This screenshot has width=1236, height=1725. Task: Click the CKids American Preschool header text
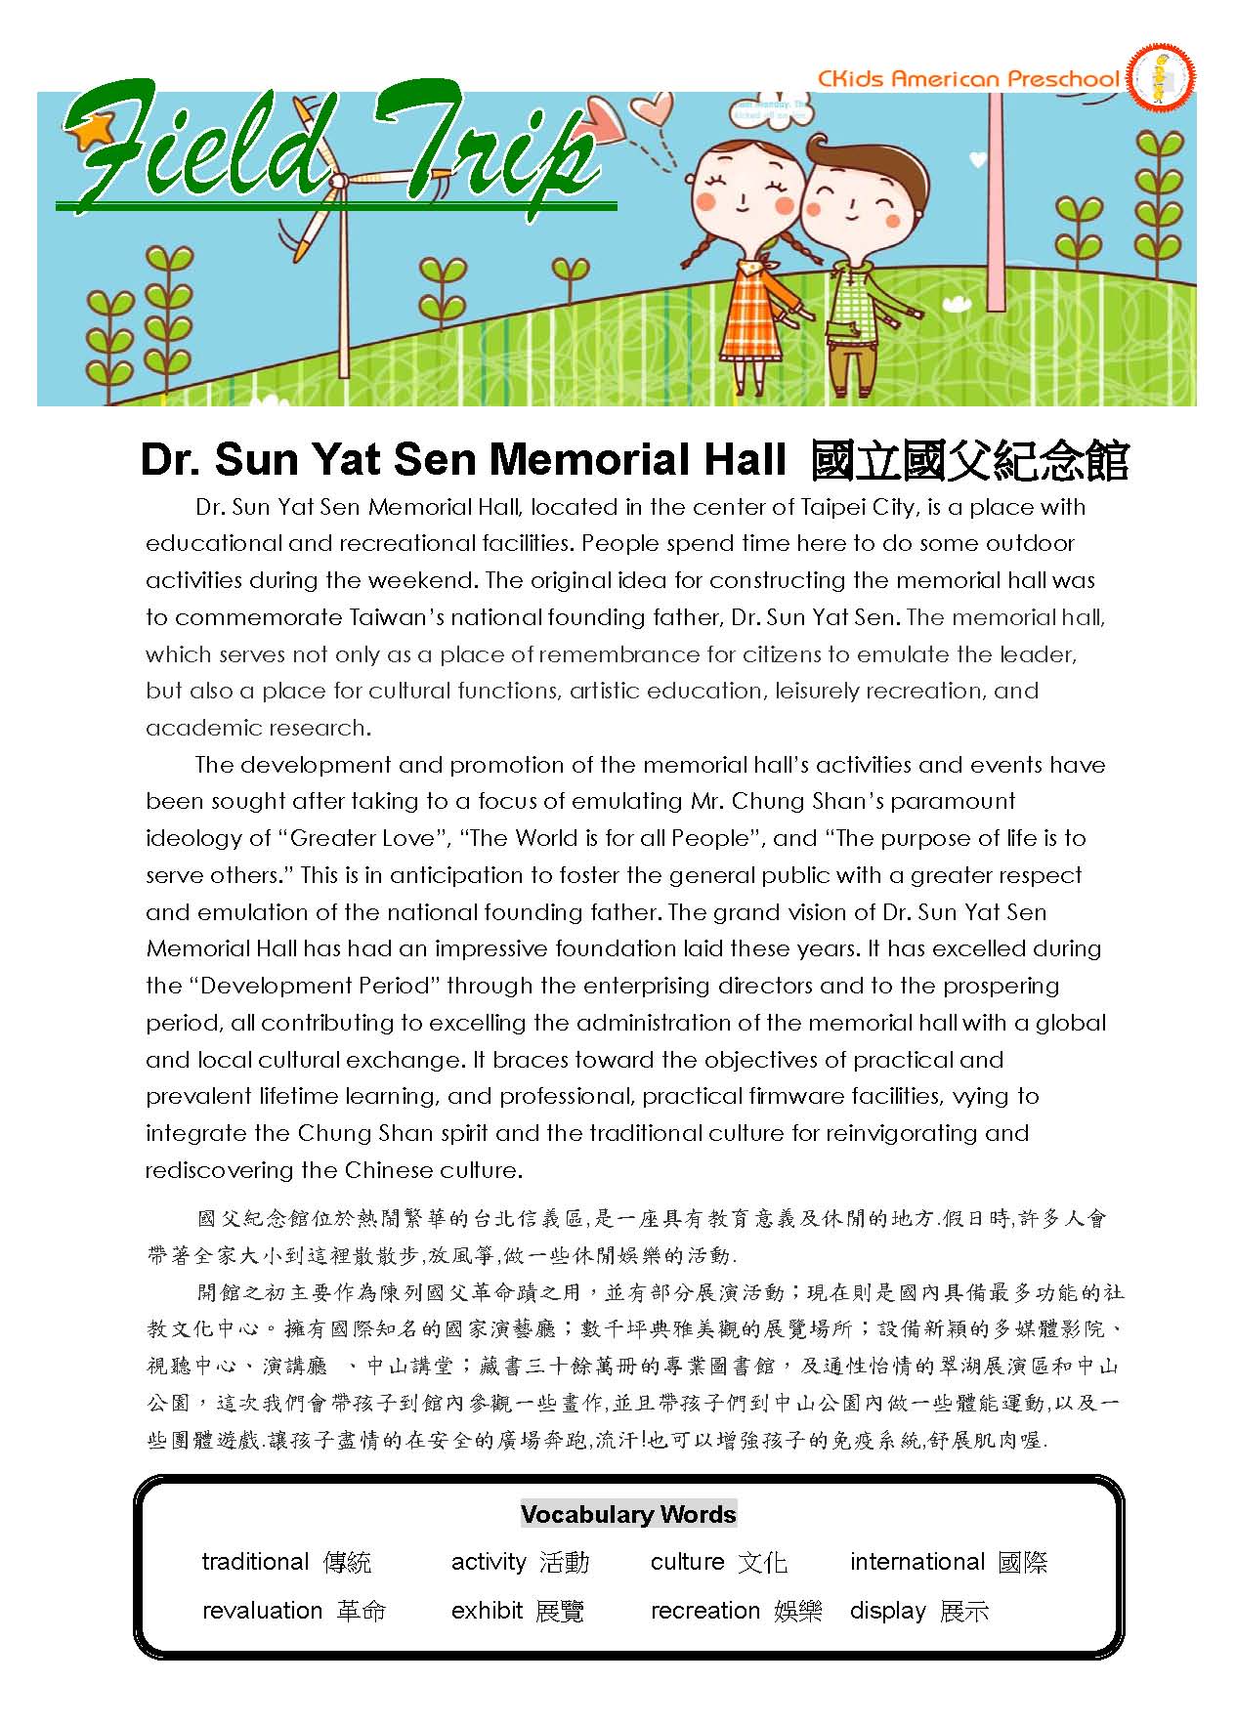pos(967,78)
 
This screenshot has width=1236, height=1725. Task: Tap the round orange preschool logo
pos(1161,77)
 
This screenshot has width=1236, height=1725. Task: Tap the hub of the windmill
pos(340,181)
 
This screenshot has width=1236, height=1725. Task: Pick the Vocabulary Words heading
pos(628,1514)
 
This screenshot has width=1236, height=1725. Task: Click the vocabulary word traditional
pos(255,1562)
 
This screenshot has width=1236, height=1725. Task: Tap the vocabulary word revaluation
pos(262,1610)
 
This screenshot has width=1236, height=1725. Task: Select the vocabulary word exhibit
pos(487,1610)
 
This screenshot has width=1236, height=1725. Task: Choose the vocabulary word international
pos(916,1562)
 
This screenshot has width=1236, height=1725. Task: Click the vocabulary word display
pos(887,1610)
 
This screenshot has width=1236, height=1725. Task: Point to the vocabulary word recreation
pos(704,1610)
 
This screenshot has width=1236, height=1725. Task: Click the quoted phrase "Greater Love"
pos(362,838)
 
